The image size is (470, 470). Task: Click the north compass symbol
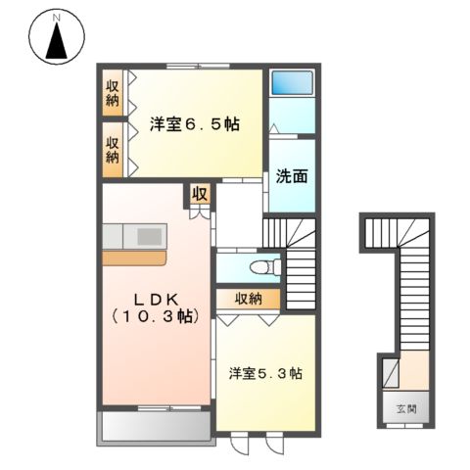[56, 41]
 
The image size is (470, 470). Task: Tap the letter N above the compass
[56, 17]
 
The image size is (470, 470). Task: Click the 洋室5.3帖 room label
[265, 373]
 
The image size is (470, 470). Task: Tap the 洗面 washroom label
[291, 178]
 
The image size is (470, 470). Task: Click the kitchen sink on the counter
[150, 236]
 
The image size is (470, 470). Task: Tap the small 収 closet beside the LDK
[200, 193]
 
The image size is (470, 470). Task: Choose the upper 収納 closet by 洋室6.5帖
[115, 93]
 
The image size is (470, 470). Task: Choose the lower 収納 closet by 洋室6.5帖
[115, 149]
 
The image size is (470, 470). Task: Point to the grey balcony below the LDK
[154, 426]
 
